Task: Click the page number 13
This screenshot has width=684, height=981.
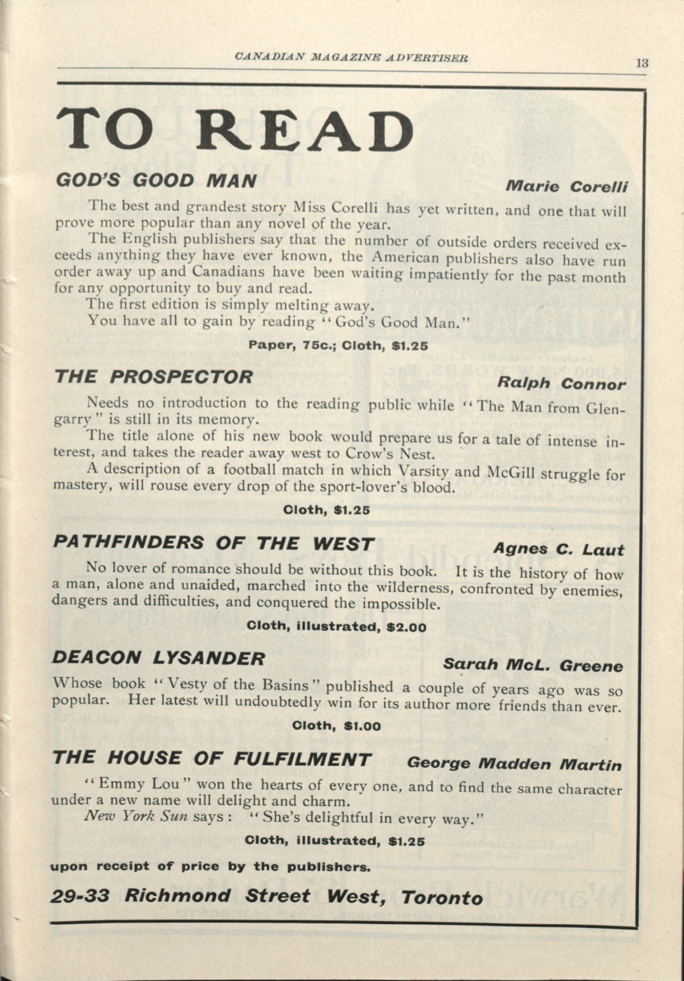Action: pyautogui.click(x=642, y=63)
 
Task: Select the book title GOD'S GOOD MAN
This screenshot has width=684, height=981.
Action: pyautogui.click(x=156, y=181)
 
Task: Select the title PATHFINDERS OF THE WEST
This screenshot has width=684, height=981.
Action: pyautogui.click(x=213, y=543)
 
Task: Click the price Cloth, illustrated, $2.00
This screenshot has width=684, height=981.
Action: pyautogui.click(x=336, y=627)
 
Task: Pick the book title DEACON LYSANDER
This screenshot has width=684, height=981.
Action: pyautogui.click(x=158, y=658)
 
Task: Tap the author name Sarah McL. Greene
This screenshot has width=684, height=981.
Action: pyautogui.click(x=532, y=666)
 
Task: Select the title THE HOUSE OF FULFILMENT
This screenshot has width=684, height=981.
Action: pyautogui.click(x=211, y=758)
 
